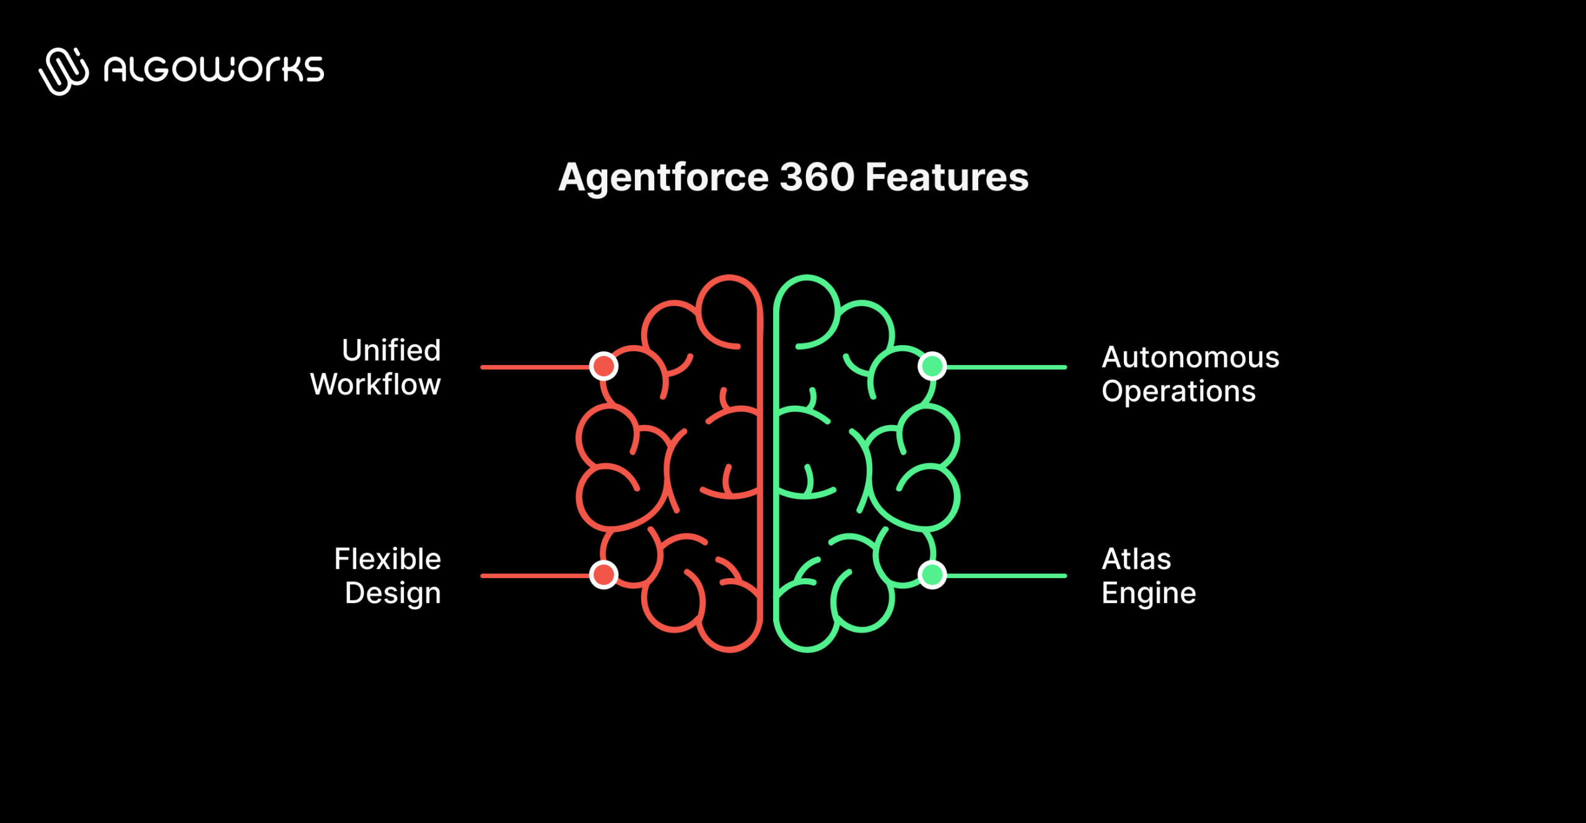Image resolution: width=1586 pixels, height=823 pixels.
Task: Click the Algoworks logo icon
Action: pyautogui.click(x=64, y=71)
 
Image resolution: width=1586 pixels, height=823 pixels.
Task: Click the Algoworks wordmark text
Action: pyautogui.click(x=214, y=69)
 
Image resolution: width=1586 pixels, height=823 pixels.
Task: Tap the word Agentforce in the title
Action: pyautogui.click(x=664, y=178)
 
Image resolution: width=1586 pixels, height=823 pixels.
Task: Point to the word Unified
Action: pyautogui.click(x=391, y=350)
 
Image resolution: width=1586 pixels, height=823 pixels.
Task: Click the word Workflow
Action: pyautogui.click(x=375, y=384)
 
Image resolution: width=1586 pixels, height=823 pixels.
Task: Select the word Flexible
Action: pyautogui.click(x=387, y=559)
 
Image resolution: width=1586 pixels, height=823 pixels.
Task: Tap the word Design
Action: pyautogui.click(x=393, y=593)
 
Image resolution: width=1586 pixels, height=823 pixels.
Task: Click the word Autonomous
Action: pyautogui.click(x=1190, y=358)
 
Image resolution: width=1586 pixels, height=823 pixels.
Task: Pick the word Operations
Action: pyautogui.click(x=1178, y=392)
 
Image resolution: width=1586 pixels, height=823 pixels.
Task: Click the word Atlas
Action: pyautogui.click(x=1136, y=559)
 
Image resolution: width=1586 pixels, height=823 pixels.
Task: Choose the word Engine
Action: pyautogui.click(x=1149, y=593)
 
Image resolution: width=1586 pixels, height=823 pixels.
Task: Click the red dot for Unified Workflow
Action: pyautogui.click(x=603, y=366)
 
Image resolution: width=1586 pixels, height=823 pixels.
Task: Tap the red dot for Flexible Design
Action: pyautogui.click(x=603, y=574)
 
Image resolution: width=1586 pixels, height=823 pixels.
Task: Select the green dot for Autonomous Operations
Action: pyautogui.click(x=932, y=366)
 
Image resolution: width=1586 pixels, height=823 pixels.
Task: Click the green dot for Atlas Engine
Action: pyautogui.click(x=932, y=574)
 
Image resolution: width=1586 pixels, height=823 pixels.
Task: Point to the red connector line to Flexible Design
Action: pyautogui.click(x=533, y=576)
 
